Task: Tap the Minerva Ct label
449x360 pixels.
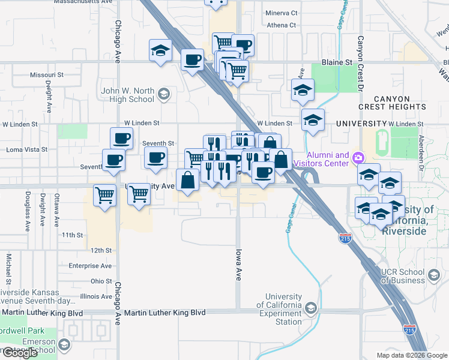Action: pos(282,13)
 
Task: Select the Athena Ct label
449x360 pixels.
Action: pos(282,25)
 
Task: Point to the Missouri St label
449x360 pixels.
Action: pos(47,75)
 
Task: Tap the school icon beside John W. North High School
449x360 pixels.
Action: pos(163,94)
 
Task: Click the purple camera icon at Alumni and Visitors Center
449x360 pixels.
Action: pos(358,158)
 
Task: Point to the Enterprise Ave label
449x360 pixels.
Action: pos(91,265)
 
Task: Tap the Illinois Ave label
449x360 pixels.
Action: pos(96,296)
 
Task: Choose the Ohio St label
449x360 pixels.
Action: pos(101,281)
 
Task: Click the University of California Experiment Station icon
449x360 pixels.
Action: pos(310,308)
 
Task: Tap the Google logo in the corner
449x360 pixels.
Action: pos(20,353)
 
